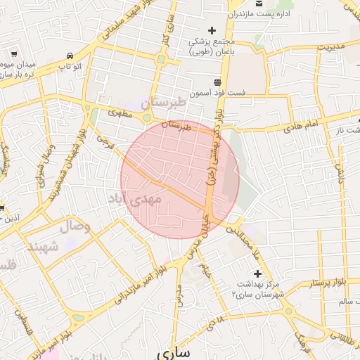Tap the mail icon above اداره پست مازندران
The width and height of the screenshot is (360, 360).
click(x=258, y=3)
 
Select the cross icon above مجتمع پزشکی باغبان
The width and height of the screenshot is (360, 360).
click(x=211, y=30)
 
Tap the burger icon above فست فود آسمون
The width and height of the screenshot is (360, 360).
click(x=226, y=81)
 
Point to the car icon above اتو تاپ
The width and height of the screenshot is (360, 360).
click(x=69, y=56)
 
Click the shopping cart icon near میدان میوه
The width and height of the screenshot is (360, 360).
click(x=14, y=53)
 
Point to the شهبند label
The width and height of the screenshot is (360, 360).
click(x=44, y=246)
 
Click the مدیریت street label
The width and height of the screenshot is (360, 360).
click(x=332, y=47)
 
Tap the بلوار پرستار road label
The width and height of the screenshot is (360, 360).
click(x=330, y=283)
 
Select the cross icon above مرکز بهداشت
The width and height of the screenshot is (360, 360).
click(x=257, y=274)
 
